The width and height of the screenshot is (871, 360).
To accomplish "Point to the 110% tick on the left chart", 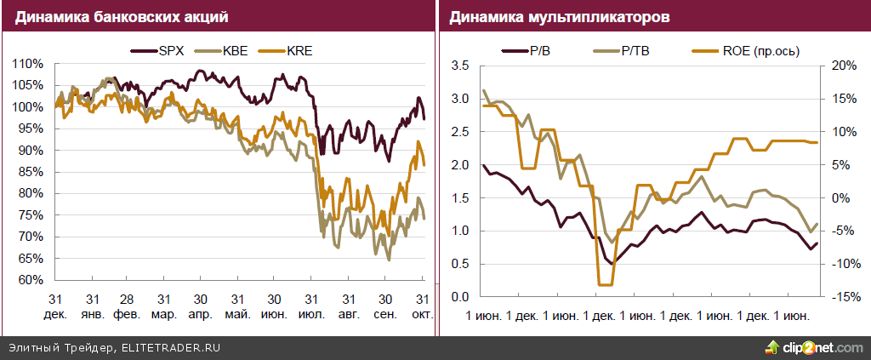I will click(29, 64).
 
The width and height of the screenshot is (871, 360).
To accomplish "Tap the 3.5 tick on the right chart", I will click(459, 66).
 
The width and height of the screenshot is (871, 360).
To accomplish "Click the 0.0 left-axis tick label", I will click(459, 297).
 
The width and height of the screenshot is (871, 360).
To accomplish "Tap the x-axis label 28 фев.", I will click(126, 306).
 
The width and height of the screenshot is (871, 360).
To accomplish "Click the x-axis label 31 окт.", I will click(422, 306).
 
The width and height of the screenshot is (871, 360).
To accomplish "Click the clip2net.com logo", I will click(811, 347).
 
